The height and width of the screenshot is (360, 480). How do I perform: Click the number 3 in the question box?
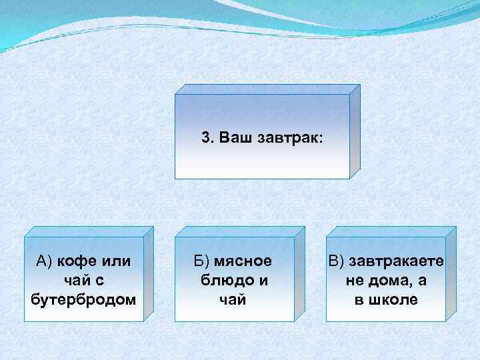coord(205,138)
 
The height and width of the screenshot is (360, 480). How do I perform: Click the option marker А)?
coord(44,261)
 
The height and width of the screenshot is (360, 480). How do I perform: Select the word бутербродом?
coord(83,300)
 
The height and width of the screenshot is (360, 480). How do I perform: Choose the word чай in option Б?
coord(233,300)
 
